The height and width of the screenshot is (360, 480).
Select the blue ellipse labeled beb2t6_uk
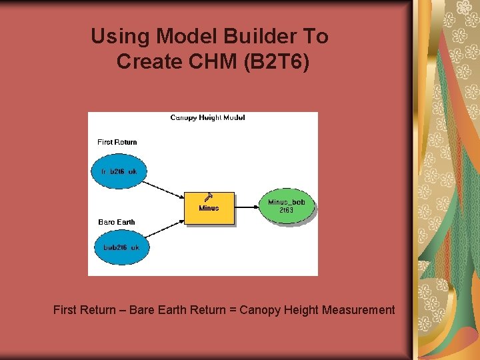(121, 247)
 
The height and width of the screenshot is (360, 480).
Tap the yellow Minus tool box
(209, 208)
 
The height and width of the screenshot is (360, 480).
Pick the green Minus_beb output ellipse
(287, 206)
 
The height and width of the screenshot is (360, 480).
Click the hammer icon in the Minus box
(209, 197)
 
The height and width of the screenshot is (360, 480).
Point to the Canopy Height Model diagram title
(207, 118)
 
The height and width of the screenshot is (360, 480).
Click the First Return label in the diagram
(117, 142)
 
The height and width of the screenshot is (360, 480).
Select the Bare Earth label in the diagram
(117, 222)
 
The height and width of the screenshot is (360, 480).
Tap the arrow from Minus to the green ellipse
(247, 207)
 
